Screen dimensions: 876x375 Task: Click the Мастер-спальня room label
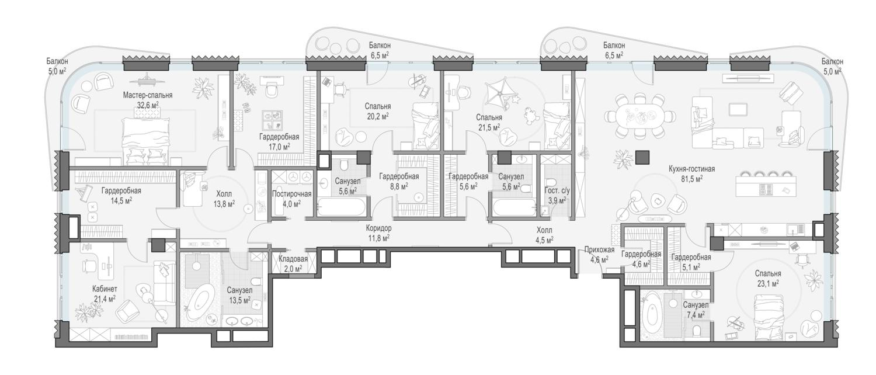click(147, 95)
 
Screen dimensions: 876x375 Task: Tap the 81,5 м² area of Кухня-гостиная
click(691, 178)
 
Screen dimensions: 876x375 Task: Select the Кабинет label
click(105, 289)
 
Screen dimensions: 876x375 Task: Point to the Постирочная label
click(291, 194)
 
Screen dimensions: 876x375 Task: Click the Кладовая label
click(293, 259)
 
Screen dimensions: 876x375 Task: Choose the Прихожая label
click(599, 249)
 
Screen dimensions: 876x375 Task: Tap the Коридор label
click(378, 228)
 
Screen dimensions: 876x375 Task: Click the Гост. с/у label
click(557, 191)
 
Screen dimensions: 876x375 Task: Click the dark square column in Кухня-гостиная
click(642, 157)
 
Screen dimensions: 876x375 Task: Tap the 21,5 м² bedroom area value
click(489, 127)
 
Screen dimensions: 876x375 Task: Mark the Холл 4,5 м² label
click(544, 235)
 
